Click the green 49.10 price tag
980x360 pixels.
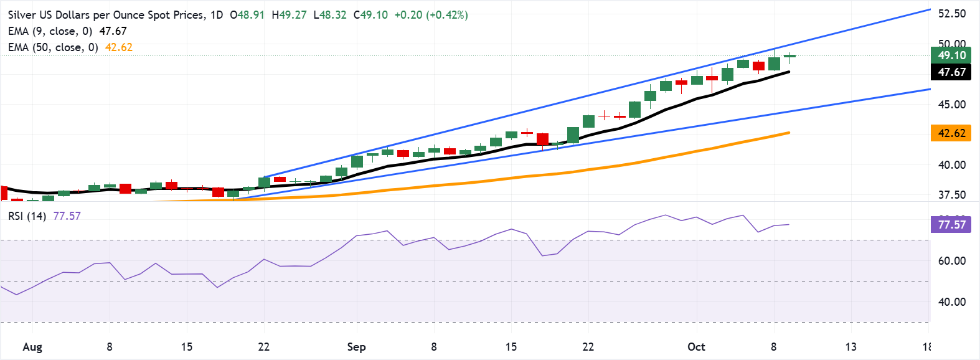click(x=951, y=55)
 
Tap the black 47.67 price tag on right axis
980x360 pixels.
click(x=951, y=72)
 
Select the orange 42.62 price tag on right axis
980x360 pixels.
click(x=951, y=133)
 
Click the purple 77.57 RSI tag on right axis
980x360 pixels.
click(x=951, y=224)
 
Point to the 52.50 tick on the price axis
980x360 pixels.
click(x=951, y=14)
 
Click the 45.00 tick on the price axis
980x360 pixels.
click(x=951, y=105)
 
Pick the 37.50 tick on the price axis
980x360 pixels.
click(x=951, y=195)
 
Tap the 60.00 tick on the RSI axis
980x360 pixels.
click(x=951, y=261)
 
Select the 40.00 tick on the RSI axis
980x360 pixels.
click(x=951, y=302)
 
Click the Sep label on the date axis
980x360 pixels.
click(x=356, y=347)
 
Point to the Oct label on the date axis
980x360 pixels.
click(x=696, y=347)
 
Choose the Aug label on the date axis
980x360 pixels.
click(x=32, y=347)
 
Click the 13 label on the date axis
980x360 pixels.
click(x=850, y=347)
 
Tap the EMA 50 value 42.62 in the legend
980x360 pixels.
click(x=118, y=47)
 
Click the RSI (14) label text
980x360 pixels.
click(x=27, y=216)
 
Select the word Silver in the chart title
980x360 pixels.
click(x=22, y=15)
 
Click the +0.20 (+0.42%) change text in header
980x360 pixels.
click(x=431, y=15)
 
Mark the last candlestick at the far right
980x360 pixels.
click(x=789, y=57)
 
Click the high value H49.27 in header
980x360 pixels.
click(x=289, y=15)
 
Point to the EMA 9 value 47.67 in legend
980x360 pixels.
click(x=113, y=31)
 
